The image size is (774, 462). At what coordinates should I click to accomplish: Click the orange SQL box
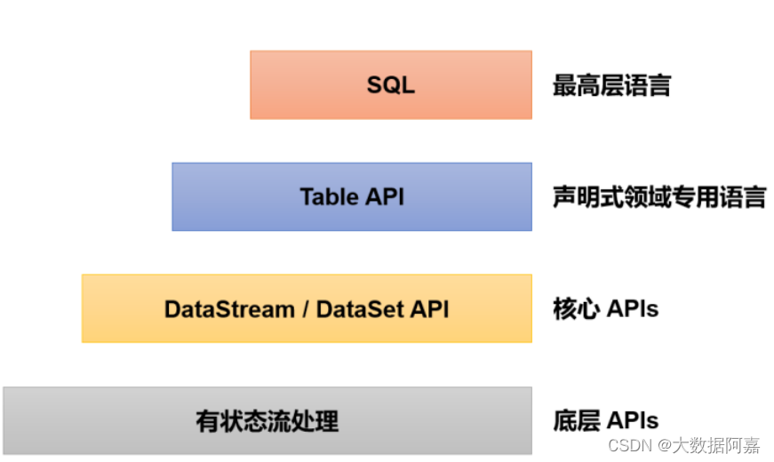[x=391, y=84]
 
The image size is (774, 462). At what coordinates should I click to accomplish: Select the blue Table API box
[x=352, y=196]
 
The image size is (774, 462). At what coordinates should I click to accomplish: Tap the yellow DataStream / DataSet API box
[x=307, y=308]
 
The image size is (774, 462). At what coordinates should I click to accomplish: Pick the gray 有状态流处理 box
[x=267, y=420]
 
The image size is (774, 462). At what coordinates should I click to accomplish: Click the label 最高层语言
[x=611, y=85]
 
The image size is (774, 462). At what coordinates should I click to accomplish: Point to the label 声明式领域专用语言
[x=658, y=196]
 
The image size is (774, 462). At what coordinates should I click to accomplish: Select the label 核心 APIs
[x=605, y=308]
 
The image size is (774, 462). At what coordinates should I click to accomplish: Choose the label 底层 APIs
[x=605, y=420]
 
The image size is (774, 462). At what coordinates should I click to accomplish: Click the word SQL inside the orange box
[x=391, y=85]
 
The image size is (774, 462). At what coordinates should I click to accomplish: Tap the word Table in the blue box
[x=329, y=196]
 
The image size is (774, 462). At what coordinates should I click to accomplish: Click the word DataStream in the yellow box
[x=229, y=309]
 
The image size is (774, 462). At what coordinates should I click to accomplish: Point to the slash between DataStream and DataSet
[x=305, y=309]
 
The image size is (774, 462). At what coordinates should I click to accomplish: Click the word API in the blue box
[x=385, y=196]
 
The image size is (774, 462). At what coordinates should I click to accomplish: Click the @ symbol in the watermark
[x=661, y=444]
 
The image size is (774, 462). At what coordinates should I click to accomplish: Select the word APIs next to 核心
[x=633, y=308]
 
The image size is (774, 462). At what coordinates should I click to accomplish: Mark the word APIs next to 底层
[x=633, y=420]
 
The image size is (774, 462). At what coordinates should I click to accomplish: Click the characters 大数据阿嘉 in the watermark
[x=715, y=444]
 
